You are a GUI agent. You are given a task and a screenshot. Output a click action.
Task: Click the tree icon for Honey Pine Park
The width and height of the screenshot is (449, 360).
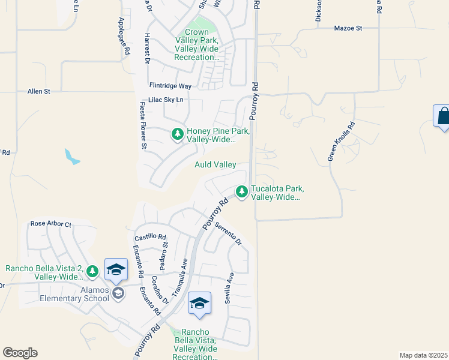pyautogui.click(x=177, y=134)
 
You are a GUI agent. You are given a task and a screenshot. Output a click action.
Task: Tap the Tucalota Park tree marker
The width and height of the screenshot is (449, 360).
pyautogui.click(x=241, y=192)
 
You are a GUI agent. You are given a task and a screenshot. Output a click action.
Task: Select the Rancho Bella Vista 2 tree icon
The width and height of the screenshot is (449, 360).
pyautogui.click(x=92, y=272)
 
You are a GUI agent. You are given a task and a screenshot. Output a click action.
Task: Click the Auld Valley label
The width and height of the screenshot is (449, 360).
pyautogui.click(x=215, y=164)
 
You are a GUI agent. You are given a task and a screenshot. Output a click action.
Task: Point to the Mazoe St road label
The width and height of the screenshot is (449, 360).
pyautogui.click(x=349, y=28)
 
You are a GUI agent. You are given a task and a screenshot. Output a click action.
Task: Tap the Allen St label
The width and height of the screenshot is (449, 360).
pyautogui.click(x=39, y=91)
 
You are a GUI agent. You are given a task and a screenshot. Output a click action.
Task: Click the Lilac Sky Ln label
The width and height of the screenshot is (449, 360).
pyautogui.click(x=165, y=100)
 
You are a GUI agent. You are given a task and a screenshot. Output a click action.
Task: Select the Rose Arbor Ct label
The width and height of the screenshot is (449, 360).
pyautogui.click(x=51, y=224)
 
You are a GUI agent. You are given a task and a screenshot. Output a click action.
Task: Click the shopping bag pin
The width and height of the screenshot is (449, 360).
pyautogui.click(x=443, y=116)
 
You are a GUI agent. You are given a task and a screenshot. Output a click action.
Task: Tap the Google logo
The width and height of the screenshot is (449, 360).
pyautogui.click(x=20, y=353)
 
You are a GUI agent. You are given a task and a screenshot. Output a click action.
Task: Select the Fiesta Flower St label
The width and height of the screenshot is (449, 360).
pyautogui.click(x=143, y=125)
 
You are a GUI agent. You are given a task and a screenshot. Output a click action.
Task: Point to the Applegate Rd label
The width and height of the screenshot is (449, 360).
pyautogui.click(x=124, y=37)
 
